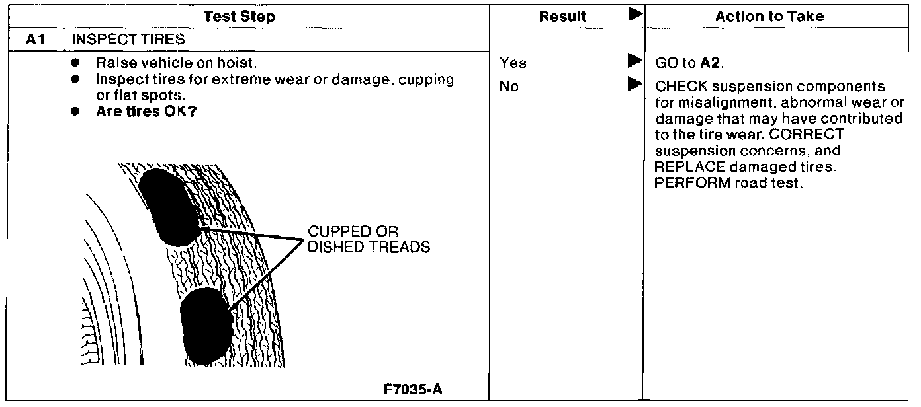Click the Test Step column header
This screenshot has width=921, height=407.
(x=239, y=17)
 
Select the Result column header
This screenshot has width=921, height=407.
(x=562, y=17)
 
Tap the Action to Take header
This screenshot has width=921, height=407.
(x=769, y=17)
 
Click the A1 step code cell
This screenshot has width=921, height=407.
(x=35, y=40)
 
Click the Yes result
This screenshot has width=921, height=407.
(x=513, y=64)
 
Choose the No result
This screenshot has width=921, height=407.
(x=509, y=87)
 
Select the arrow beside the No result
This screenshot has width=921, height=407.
(x=635, y=85)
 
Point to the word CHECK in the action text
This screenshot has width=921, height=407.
(x=678, y=87)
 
